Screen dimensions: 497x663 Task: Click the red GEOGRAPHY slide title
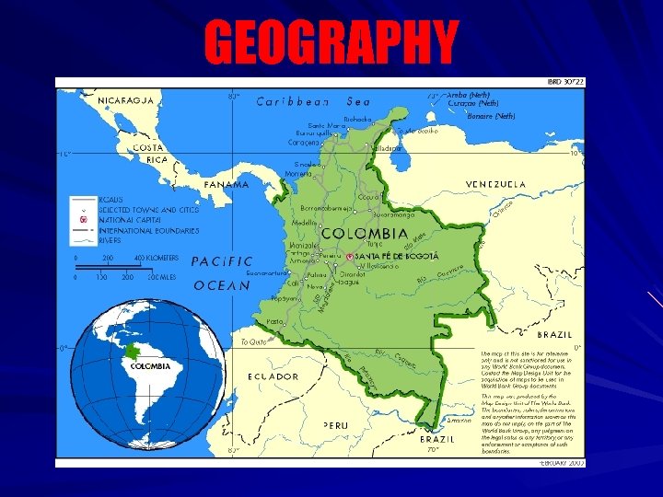pyautogui.click(x=331, y=41)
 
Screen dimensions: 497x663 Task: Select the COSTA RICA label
pyautogui.click(x=148, y=153)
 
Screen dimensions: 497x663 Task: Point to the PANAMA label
pyautogui.click(x=227, y=184)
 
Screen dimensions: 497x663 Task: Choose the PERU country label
pyautogui.click(x=336, y=425)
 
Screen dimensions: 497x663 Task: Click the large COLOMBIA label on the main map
pyautogui.click(x=364, y=234)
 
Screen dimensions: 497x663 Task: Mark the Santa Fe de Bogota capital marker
pyautogui.click(x=348, y=255)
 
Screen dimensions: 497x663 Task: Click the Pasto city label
pyautogui.click(x=274, y=321)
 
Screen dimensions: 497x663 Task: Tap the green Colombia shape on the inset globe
pyautogui.click(x=132, y=352)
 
